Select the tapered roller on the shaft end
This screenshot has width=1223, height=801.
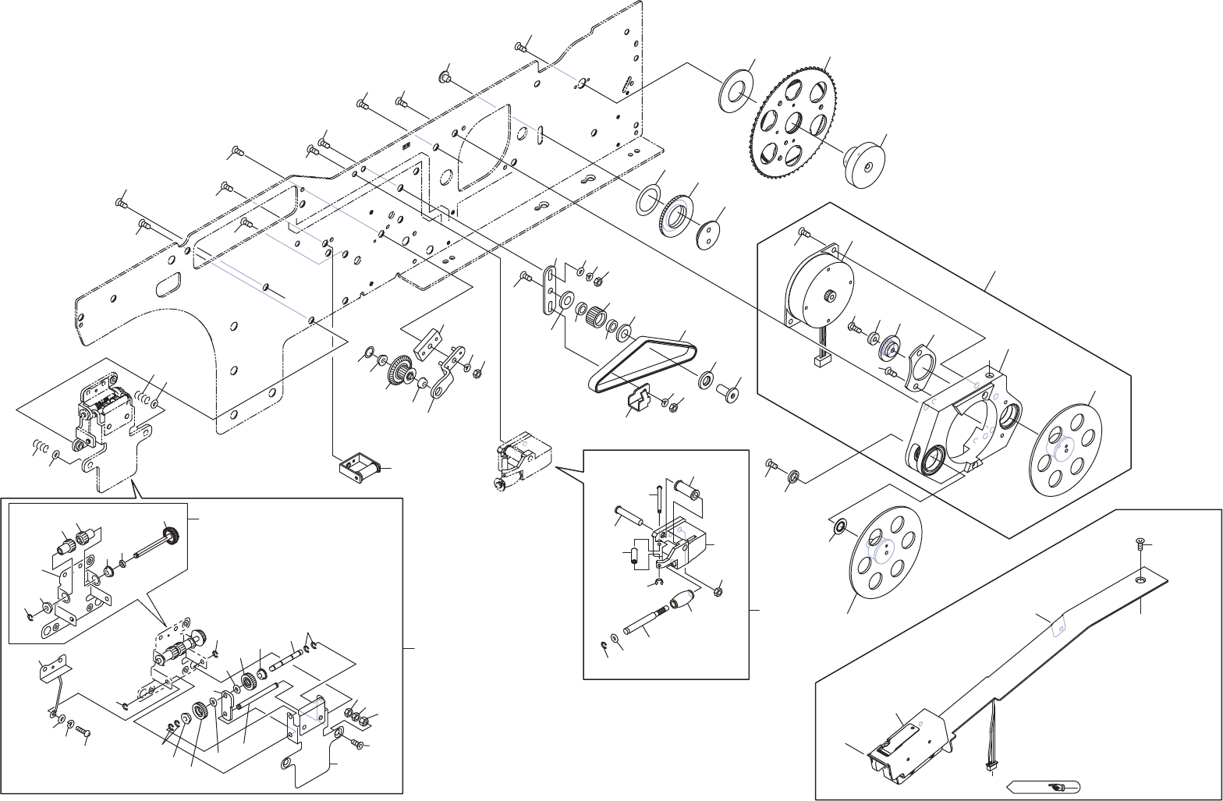(682, 601)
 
